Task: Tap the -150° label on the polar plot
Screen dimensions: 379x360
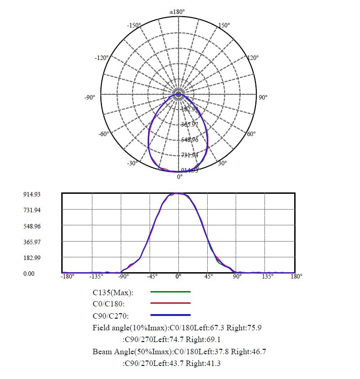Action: tap(135, 25)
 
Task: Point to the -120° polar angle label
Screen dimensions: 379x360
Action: tap(102, 58)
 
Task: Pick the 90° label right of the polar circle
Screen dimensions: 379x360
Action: tap(263, 97)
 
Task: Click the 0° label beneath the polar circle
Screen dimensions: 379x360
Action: tap(180, 177)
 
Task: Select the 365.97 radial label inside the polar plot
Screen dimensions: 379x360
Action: tap(190, 124)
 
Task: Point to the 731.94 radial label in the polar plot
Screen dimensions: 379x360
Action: tap(190, 155)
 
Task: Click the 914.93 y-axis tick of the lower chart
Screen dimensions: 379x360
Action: tap(32, 194)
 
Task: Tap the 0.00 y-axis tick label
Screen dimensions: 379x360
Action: tap(29, 274)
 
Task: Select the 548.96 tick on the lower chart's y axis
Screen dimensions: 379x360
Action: tap(32, 226)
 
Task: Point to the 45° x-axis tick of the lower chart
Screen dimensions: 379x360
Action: tap(209, 276)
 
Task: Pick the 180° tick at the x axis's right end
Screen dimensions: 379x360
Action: tap(296, 276)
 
